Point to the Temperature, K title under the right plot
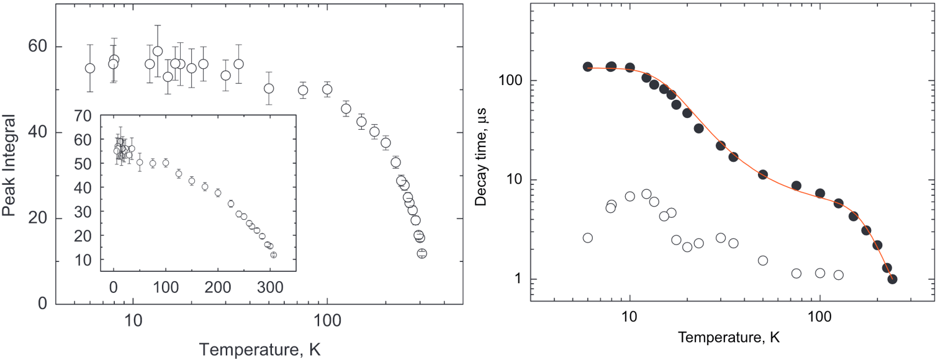tap(729, 338)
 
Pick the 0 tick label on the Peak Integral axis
tap(42, 304)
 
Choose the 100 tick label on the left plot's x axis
tap(327, 324)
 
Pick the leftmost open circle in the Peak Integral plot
tap(90, 68)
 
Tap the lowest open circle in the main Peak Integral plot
tap(422, 253)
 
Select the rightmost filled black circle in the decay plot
tap(892, 279)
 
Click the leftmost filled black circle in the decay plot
tap(588, 66)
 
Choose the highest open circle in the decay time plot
tap(646, 194)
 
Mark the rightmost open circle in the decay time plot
tap(838, 275)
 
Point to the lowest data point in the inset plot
tap(273, 254)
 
